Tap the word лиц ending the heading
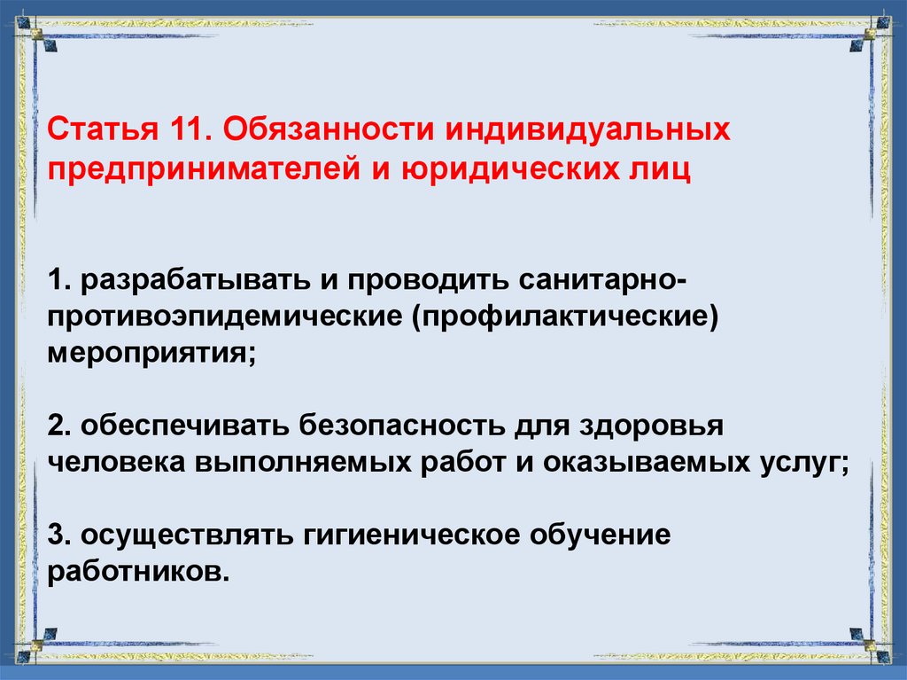[661, 168]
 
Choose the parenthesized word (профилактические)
[561, 317]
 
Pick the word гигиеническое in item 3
[413, 535]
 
